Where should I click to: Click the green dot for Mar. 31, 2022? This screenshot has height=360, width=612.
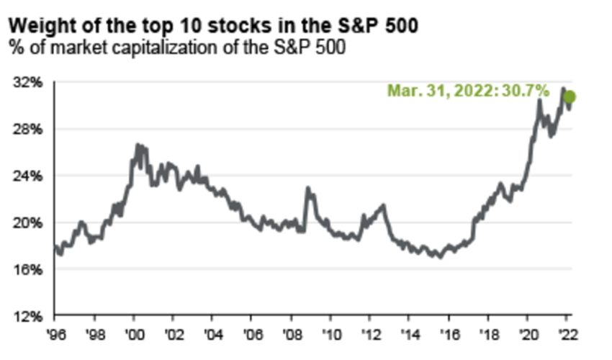[570, 97]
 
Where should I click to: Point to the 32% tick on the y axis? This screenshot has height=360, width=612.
[27, 82]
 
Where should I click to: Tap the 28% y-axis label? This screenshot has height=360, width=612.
[27, 129]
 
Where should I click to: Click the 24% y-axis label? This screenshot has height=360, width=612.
[27, 176]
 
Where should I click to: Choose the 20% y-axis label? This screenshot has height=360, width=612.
[27, 222]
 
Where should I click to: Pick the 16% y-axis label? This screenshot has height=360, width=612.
[27, 269]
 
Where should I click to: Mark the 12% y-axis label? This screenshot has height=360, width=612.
[27, 316]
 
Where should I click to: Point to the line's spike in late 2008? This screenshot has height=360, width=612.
[307, 188]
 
